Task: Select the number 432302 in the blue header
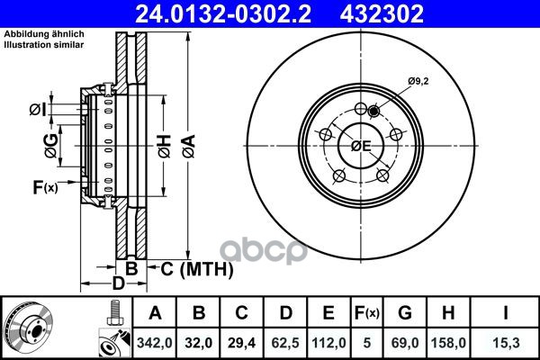coord(382,13)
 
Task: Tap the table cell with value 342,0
coord(155,343)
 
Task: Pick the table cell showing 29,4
coord(241,343)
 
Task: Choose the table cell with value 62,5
coord(285,343)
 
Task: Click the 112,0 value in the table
coord(328,343)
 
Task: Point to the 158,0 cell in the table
coord(448,343)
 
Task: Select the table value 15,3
coord(506,343)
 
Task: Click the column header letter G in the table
coord(405,313)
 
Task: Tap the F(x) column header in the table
coord(367,313)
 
